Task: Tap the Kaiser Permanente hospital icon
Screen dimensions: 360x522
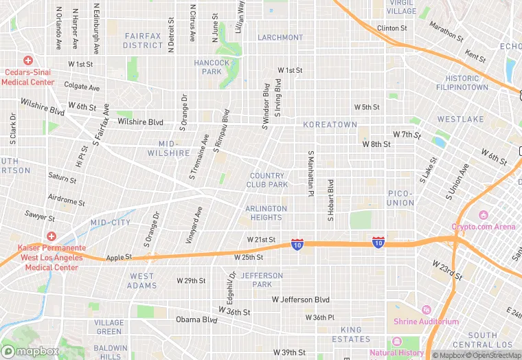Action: tap(49, 236)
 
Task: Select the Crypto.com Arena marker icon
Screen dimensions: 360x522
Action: tap(484, 216)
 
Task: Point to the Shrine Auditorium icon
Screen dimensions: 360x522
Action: tap(426, 311)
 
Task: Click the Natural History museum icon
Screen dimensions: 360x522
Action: tap(396, 342)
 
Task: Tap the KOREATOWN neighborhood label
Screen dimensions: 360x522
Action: tap(330, 125)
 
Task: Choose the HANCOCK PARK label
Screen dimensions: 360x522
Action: tap(212, 67)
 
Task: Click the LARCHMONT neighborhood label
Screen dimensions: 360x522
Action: tap(280, 37)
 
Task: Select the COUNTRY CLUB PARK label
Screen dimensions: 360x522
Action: tap(267, 180)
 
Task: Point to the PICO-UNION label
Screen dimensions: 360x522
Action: tap(400, 198)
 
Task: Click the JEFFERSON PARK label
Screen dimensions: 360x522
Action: tap(261, 280)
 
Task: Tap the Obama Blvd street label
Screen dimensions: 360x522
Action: tap(196, 319)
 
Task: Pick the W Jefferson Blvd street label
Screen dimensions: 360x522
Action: tap(301, 300)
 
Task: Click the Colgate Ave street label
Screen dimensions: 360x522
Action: tap(82, 87)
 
